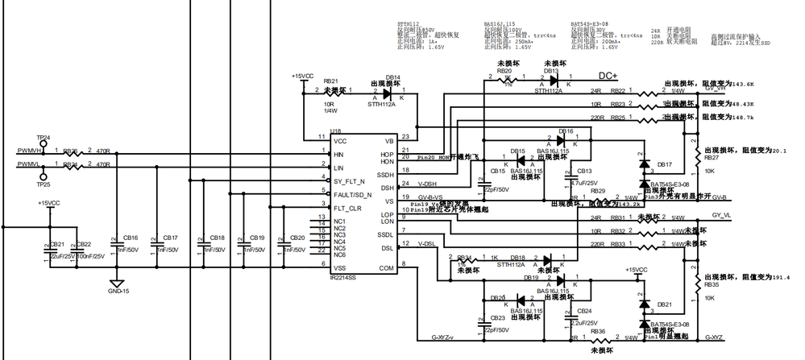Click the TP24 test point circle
click(x=44, y=143)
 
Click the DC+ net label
click(x=608, y=75)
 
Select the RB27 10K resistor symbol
click(x=696, y=150)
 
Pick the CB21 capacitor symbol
click(x=46, y=250)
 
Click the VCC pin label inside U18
click(x=342, y=140)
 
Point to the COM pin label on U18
click(x=388, y=267)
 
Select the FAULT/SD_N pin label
click(x=353, y=195)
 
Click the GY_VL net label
click(x=721, y=216)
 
